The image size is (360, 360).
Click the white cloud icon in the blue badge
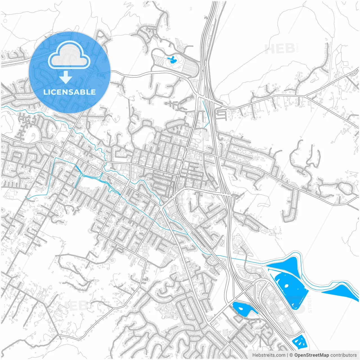pyautogui.click(x=69, y=55)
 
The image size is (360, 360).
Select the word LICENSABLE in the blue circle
pyautogui.click(x=69, y=92)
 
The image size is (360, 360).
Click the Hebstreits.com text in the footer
pyautogui.click(x=269, y=355)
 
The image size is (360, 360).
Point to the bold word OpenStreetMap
pyautogui.click(x=312, y=355)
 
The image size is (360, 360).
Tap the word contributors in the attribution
pyautogui.click(x=343, y=355)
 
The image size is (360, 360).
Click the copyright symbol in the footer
pyautogui.click(x=291, y=355)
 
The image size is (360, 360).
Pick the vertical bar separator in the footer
pyautogui.click(x=287, y=355)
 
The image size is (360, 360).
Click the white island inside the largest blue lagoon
pyautogui.click(x=286, y=285)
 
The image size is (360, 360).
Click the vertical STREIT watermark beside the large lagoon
pyautogui.click(x=310, y=304)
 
